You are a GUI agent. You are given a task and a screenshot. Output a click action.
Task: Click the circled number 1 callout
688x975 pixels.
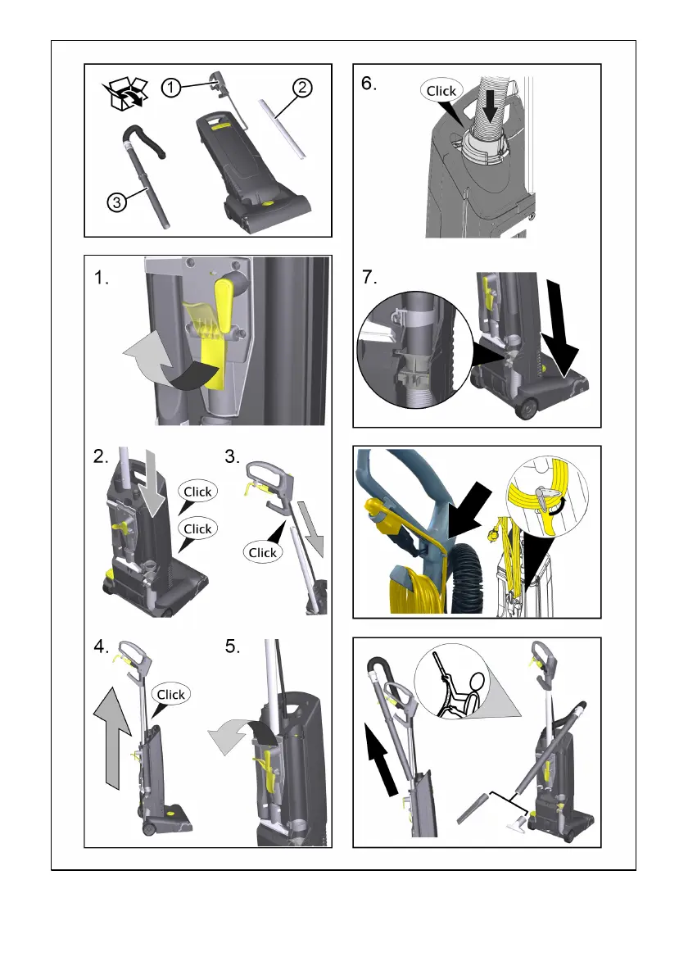(x=171, y=88)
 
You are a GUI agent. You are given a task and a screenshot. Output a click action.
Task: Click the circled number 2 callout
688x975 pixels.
(x=302, y=87)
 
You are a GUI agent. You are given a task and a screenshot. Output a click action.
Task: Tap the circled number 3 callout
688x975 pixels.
(x=117, y=202)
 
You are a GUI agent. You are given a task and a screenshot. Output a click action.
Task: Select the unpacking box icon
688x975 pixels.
(x=125, y=94)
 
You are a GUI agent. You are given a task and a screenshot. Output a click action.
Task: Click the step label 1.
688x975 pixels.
(x=102, y=277)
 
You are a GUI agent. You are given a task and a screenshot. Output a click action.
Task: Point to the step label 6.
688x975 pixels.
(x=369, y=84)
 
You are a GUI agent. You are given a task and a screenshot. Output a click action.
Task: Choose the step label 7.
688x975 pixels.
(x=369, y=277)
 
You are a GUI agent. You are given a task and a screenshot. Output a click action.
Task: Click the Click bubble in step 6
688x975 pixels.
(x=441, y=91)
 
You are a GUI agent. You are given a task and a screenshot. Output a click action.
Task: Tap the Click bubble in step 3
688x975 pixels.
(x=262, y=552)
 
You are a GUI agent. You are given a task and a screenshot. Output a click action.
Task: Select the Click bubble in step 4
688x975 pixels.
(x=170, y=694)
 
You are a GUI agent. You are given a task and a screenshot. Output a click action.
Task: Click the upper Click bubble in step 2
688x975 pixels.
(x=197, y=492)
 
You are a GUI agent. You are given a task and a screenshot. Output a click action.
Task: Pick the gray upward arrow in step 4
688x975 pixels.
(x=112, y=737)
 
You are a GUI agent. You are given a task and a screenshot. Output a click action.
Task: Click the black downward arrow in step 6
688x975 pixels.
(x=491, y=102)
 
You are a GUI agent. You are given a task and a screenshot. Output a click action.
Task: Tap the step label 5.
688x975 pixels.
(x=233, y=646)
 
